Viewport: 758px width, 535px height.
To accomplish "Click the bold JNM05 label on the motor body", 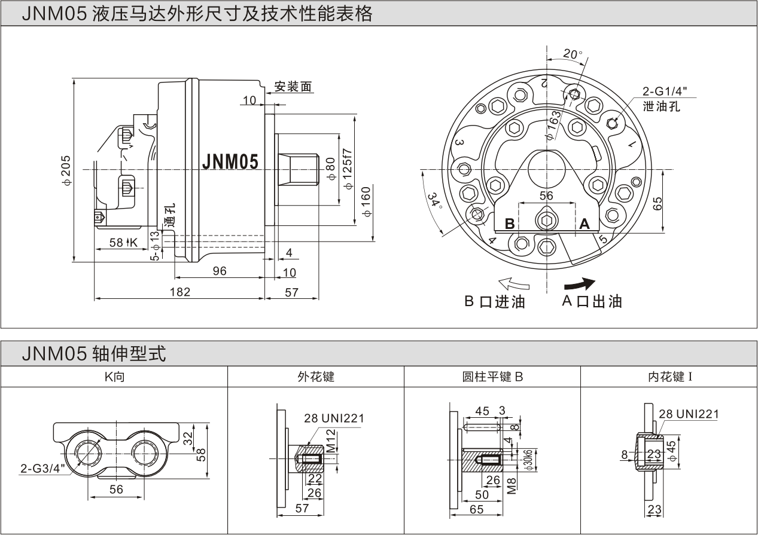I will (230, 162).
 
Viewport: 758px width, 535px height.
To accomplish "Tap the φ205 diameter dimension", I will (66, 170).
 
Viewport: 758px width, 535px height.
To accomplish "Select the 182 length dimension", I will (179, 292).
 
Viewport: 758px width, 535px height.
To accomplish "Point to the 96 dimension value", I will (220, 271).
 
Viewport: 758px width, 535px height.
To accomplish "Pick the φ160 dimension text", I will (366, 201).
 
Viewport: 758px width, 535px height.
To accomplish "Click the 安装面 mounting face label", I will (293, 87).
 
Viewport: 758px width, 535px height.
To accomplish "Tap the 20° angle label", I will (573, 54).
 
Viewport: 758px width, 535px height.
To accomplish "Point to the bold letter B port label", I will (510, 224).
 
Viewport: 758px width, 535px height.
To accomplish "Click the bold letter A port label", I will (585, 224).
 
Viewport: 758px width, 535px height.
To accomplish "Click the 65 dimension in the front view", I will (657, 203).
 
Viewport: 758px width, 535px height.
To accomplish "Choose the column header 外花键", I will (316, 377).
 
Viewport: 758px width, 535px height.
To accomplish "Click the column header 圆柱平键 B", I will (492, 377).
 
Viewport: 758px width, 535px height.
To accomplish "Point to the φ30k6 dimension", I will (528, 459).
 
